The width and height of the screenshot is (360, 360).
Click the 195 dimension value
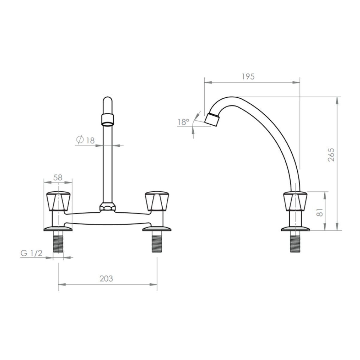(248, 76)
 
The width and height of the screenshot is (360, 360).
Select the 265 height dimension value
(331, 155)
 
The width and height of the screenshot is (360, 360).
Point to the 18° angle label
(183, 122)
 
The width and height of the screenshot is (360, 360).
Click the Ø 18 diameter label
(85, 140)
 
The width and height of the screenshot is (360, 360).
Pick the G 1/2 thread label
(31, 253)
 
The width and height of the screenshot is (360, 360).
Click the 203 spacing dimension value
(106, 278)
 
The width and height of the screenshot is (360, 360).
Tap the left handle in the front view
(58, 200)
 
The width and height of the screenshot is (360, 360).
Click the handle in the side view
(295, 200)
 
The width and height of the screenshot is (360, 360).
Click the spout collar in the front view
(108, 119)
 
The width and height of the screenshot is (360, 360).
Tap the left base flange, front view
(58, 229)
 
